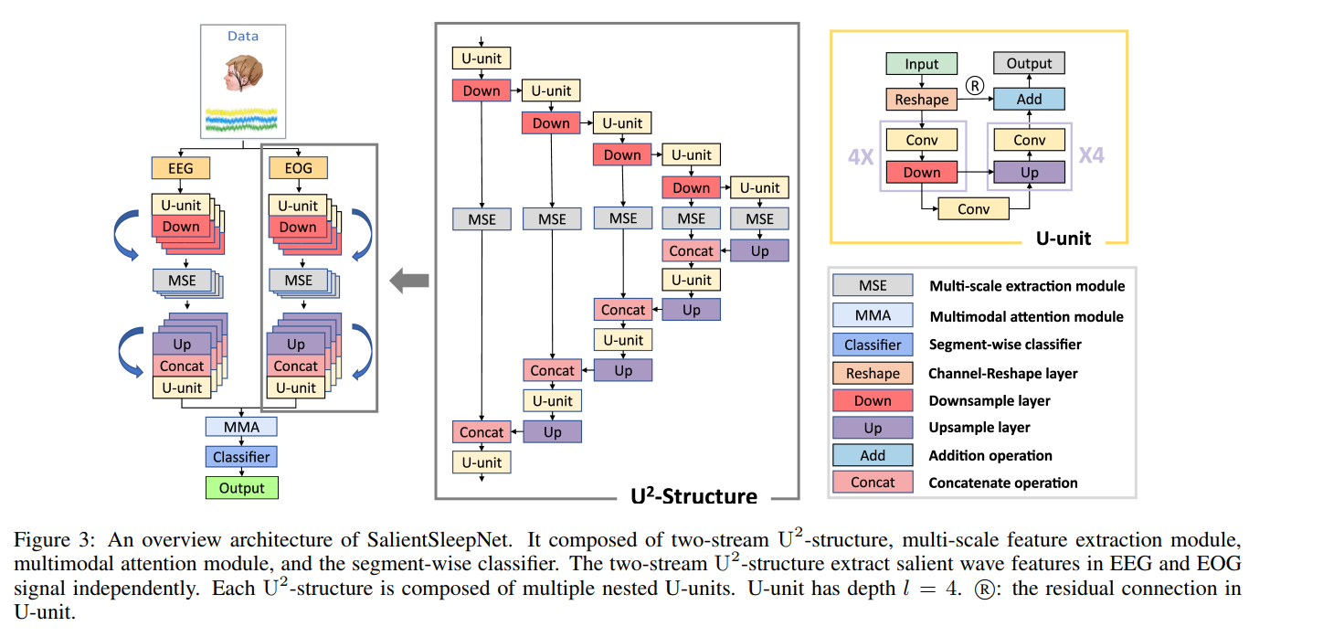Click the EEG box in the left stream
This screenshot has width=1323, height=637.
[180, 168]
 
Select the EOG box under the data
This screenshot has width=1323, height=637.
[297, 168]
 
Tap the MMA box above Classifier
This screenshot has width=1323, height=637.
[241, 426]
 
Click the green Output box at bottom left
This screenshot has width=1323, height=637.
[241, 488]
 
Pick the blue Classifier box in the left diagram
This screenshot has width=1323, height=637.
[241, 456]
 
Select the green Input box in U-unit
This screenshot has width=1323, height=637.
[922, 64]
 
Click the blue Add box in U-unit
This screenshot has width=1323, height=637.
[1029, 99]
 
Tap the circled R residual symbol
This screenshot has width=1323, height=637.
[975, 87]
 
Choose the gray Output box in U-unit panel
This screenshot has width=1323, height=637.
[1029, 64]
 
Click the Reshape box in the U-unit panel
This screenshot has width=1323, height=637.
[922, 99]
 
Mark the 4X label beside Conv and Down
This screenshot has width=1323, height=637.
[861, 156]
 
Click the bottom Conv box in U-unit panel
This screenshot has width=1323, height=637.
[973, 208]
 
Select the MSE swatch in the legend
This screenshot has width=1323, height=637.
[872, 286]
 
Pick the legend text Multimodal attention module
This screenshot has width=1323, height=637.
[1026, 316]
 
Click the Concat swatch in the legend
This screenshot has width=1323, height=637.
[872, 483]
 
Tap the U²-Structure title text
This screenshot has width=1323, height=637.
[693, 496]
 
